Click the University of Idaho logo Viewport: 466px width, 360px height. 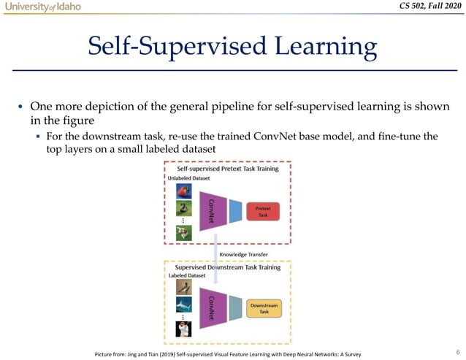41,7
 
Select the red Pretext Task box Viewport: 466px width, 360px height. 263,211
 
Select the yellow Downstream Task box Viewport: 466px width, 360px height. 264,308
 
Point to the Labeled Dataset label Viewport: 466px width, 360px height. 186,275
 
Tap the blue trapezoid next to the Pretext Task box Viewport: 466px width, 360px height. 235,211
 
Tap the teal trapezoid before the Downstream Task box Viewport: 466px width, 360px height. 235,308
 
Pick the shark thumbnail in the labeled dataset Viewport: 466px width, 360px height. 183,305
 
